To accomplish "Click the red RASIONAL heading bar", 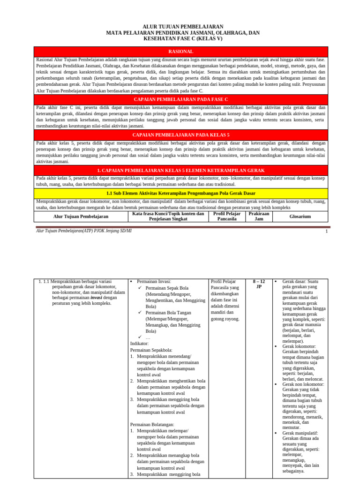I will [180, 52].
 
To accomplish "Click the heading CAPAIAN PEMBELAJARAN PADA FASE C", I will [180, 100].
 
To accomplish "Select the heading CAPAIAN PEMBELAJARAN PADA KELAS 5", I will [180, 135].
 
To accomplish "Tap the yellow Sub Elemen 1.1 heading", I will [180, 193].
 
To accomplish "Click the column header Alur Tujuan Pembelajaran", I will [81, 217].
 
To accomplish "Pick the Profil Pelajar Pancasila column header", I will [226, 216].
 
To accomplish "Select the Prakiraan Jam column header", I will [259, 216].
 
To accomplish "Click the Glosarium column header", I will [300, 217].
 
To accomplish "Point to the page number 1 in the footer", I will [326, 231].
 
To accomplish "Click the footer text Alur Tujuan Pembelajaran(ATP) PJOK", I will [84, 231].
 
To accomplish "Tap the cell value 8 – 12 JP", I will [259, 284].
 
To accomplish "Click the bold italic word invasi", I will [96, 297].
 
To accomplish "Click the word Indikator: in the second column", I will [139, 344].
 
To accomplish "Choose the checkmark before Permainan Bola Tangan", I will [140, 312].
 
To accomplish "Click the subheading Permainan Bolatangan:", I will [152, 425].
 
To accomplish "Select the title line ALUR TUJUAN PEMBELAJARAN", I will [183, 27].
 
